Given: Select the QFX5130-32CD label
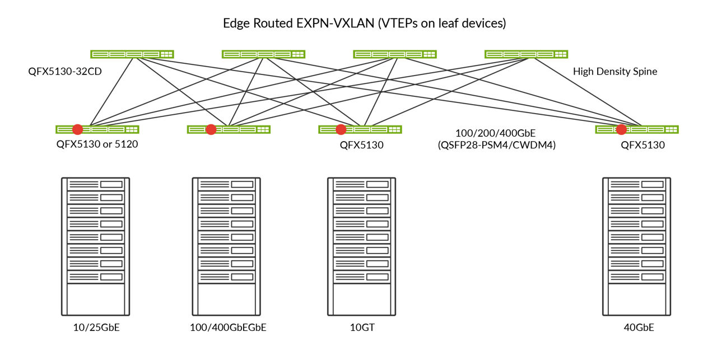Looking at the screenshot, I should tap(65, 72).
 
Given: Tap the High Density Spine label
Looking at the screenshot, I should tap(615, 72).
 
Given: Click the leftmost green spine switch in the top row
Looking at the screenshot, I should tap(132, 54).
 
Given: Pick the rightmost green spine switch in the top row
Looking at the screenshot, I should tap(526, 54).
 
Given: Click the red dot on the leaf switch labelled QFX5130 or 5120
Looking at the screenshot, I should tap(78, 129).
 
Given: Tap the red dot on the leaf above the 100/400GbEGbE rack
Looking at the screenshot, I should tap(211, 129).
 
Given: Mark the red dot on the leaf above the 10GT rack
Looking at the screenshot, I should tap(341, 129).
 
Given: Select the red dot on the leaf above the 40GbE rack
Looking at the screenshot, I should tap(621, 129).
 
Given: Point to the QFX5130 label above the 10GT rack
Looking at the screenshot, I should tap(362, 145).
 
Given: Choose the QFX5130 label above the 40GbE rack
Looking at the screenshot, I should tap(642, 145).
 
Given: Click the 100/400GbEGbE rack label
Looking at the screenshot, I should tap(228, 328).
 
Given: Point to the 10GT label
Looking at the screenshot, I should tap(362, 328).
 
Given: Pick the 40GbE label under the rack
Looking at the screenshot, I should tap(638, 328).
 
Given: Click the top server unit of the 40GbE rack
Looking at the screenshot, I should tap(636, 184).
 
